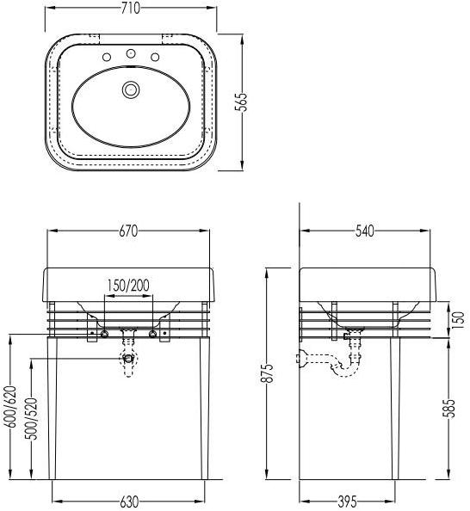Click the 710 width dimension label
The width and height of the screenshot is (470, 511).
[131, 9]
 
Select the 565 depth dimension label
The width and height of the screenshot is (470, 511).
[241, 102]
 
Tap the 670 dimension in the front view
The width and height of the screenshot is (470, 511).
[128, 231]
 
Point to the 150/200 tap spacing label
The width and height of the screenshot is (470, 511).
[128, 285]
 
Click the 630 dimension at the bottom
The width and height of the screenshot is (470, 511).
[129, 502]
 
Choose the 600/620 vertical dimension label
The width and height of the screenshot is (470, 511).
[10, 406]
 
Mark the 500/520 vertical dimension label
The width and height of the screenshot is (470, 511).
[32, 418]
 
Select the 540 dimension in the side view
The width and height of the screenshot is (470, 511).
[365, 231]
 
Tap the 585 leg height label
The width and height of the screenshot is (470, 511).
[448, 409]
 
